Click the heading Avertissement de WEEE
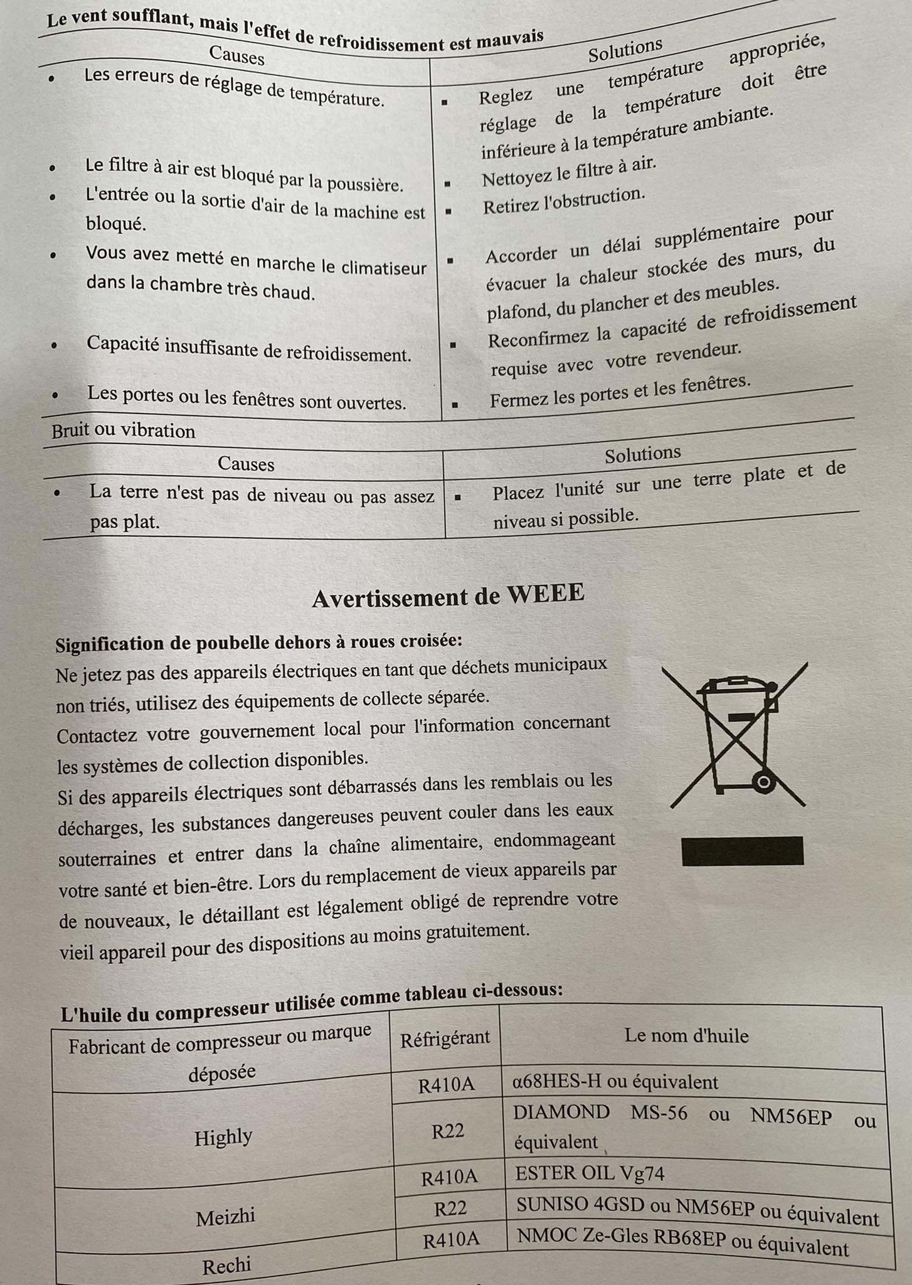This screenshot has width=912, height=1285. [x=448, y=595]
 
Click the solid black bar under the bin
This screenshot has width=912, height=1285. [x=742, y=851]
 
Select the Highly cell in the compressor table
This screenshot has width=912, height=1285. [x=223, y=1137]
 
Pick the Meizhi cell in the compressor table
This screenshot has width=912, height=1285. [x=225, y=1217]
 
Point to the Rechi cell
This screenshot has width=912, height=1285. [x=226, y=1266]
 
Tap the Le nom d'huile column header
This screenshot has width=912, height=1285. [x=686, y=1035]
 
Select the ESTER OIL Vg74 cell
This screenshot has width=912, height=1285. [x=590, y=1173]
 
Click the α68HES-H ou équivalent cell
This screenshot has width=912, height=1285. [x=615, y=1082]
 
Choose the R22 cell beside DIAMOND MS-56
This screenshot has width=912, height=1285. [x=448, y=1131]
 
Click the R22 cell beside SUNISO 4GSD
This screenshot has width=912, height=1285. [x=450, y=1208]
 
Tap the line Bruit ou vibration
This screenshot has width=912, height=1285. [x=124, y=431]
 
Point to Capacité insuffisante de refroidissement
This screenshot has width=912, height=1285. [x=248, y=348]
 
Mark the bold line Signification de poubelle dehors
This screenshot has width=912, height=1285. [x=258, y=643]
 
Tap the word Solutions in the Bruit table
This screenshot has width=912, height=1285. [x=642, y=454]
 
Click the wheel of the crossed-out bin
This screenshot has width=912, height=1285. [x=763, y=782]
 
